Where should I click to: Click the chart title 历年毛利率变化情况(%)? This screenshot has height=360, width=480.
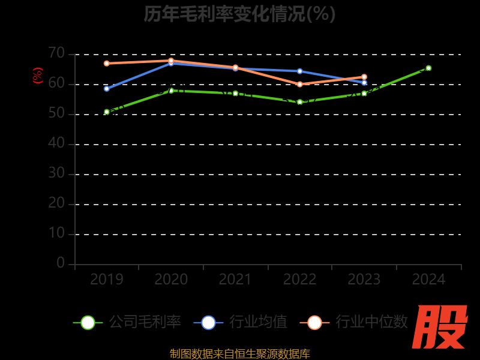click(239, 14)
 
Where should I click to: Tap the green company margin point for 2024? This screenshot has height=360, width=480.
click(428, 68)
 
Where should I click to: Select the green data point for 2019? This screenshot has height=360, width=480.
click(107, 112)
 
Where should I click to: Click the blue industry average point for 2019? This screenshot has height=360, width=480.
click(107, 89)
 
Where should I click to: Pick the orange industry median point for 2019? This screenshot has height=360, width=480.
click(107, 63)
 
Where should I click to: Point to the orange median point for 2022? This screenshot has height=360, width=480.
click(300, 84)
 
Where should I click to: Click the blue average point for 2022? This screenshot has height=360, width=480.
click(300, 71)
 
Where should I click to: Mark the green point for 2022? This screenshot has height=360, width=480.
click(300, 102)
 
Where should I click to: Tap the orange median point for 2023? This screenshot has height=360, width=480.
click(364, 77)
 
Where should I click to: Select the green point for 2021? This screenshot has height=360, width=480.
click(235, 94)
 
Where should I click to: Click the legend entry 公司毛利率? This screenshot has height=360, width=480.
click(127, 322)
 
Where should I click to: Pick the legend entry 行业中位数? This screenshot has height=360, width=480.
click(354, 322)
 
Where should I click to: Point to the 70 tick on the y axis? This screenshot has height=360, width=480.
click(56, 53)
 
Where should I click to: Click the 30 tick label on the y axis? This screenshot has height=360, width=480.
click(56, 173)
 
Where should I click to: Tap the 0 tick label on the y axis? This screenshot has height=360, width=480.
click(61, 263)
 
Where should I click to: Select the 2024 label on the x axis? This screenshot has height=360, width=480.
click(428, 280)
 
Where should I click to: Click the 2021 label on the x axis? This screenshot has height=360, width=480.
click(235, 280)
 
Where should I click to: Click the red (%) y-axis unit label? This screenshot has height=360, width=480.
click(38, 76)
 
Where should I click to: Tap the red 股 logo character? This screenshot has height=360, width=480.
click(441, 327)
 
